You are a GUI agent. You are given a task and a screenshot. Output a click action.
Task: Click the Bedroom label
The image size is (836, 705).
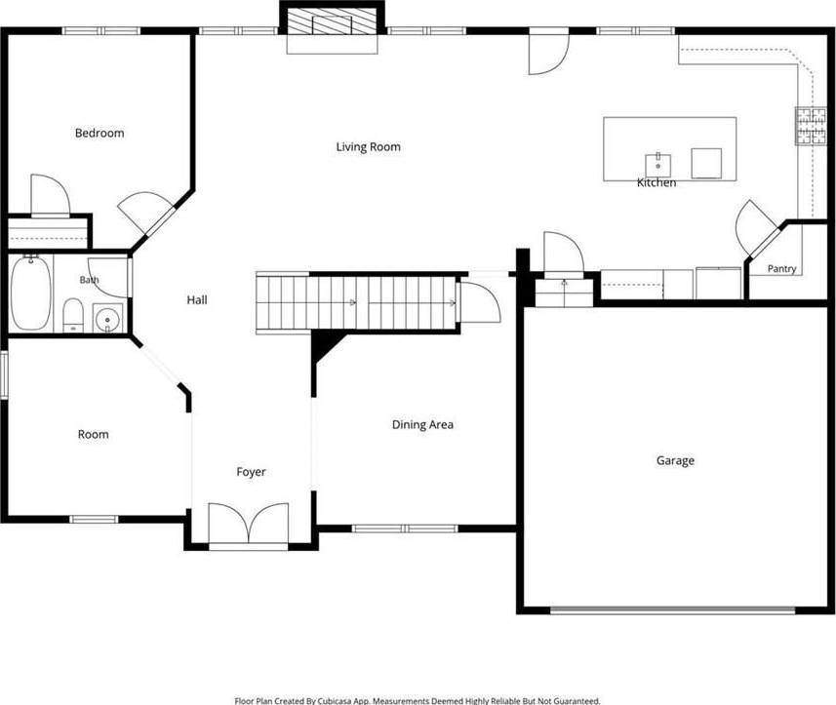click(100, 133)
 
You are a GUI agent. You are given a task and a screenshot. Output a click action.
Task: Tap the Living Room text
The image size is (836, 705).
click(369, 146)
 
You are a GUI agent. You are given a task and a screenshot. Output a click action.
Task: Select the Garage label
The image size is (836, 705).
click(675, 460)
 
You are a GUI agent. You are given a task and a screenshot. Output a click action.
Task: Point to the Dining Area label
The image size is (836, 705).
click(422, 425)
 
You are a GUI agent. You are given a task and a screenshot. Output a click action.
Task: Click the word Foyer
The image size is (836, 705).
click(251, 472)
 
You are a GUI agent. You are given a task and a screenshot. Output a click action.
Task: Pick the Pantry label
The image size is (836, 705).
click(782, 268)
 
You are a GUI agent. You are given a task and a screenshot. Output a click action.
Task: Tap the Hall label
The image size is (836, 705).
click(197, 300)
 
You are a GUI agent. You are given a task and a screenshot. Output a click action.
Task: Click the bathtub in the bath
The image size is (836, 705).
click(31, 293)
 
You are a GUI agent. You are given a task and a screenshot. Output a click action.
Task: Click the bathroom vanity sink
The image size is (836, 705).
click(107, 319)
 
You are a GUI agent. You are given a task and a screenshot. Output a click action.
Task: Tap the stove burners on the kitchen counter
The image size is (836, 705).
click(811, 126)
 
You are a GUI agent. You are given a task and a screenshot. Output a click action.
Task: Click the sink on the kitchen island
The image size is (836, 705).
click(657, 165)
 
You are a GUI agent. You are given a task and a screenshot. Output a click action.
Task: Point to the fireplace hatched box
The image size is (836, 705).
click(319, 25)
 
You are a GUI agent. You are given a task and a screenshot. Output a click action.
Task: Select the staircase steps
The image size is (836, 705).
click(356, 302)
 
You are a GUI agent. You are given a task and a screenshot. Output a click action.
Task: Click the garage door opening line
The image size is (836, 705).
click(673, 610)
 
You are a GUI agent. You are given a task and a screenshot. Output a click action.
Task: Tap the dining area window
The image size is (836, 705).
click(405, 529)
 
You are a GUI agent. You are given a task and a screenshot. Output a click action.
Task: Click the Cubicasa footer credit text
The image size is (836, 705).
click(418, 701)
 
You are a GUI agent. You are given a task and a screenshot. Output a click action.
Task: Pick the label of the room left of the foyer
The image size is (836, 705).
click(94, 434)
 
